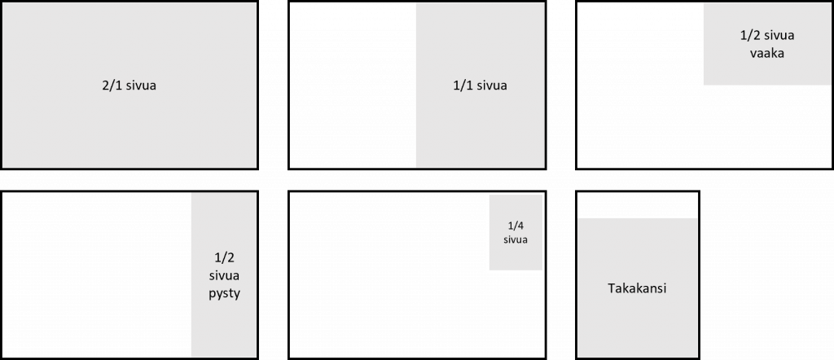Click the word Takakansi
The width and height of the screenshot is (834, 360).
pos(638,289)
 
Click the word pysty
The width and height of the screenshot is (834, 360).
pos(223,291)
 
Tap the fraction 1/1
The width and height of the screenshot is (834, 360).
pos(462,86)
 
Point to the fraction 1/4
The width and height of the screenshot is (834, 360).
pos(516,226)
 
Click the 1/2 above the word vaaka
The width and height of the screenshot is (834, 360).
pos(748,36)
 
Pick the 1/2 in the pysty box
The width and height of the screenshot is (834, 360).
pos(223,257)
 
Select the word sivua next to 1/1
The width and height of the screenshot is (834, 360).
pos(492,86)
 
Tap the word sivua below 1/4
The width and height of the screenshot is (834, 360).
pos(516,240)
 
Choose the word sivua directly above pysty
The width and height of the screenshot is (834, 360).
pos(223,274)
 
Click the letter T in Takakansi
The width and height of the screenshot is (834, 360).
pos(612,289)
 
